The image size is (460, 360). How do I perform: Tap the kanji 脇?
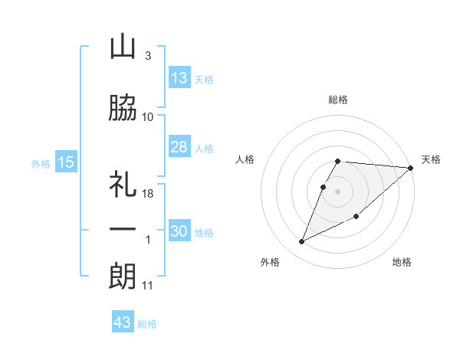(x=123, y=108)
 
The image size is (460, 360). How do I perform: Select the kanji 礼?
(x=123, y=185)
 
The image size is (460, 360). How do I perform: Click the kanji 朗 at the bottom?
(x=123, y=277)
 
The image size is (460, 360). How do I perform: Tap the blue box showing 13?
(x=179, y=78)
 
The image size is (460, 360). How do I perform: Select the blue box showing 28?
(x=179, y=147)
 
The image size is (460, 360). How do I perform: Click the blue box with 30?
(x=179, y=231)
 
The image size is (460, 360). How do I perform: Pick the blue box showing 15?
(x=65, y=162)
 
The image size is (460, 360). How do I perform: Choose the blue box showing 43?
(x=123, y=322)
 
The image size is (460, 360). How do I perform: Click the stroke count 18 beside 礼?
(x=149, y=194)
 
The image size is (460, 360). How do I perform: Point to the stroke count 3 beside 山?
(x=148, y=55)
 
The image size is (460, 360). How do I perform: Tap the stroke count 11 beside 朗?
(x=148, y=286)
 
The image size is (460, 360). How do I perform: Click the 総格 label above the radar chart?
(x=338, y=100)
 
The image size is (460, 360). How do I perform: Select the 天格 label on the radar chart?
(x=432, y=159)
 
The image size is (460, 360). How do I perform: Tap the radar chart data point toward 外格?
(x=302, y=242)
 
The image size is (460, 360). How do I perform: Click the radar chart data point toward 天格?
(x=411, y=169)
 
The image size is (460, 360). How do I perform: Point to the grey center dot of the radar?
(x=338, y=191)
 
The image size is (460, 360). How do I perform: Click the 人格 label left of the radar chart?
(x=245, y=159)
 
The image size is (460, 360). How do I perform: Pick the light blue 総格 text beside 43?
(x=147, y=324)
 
